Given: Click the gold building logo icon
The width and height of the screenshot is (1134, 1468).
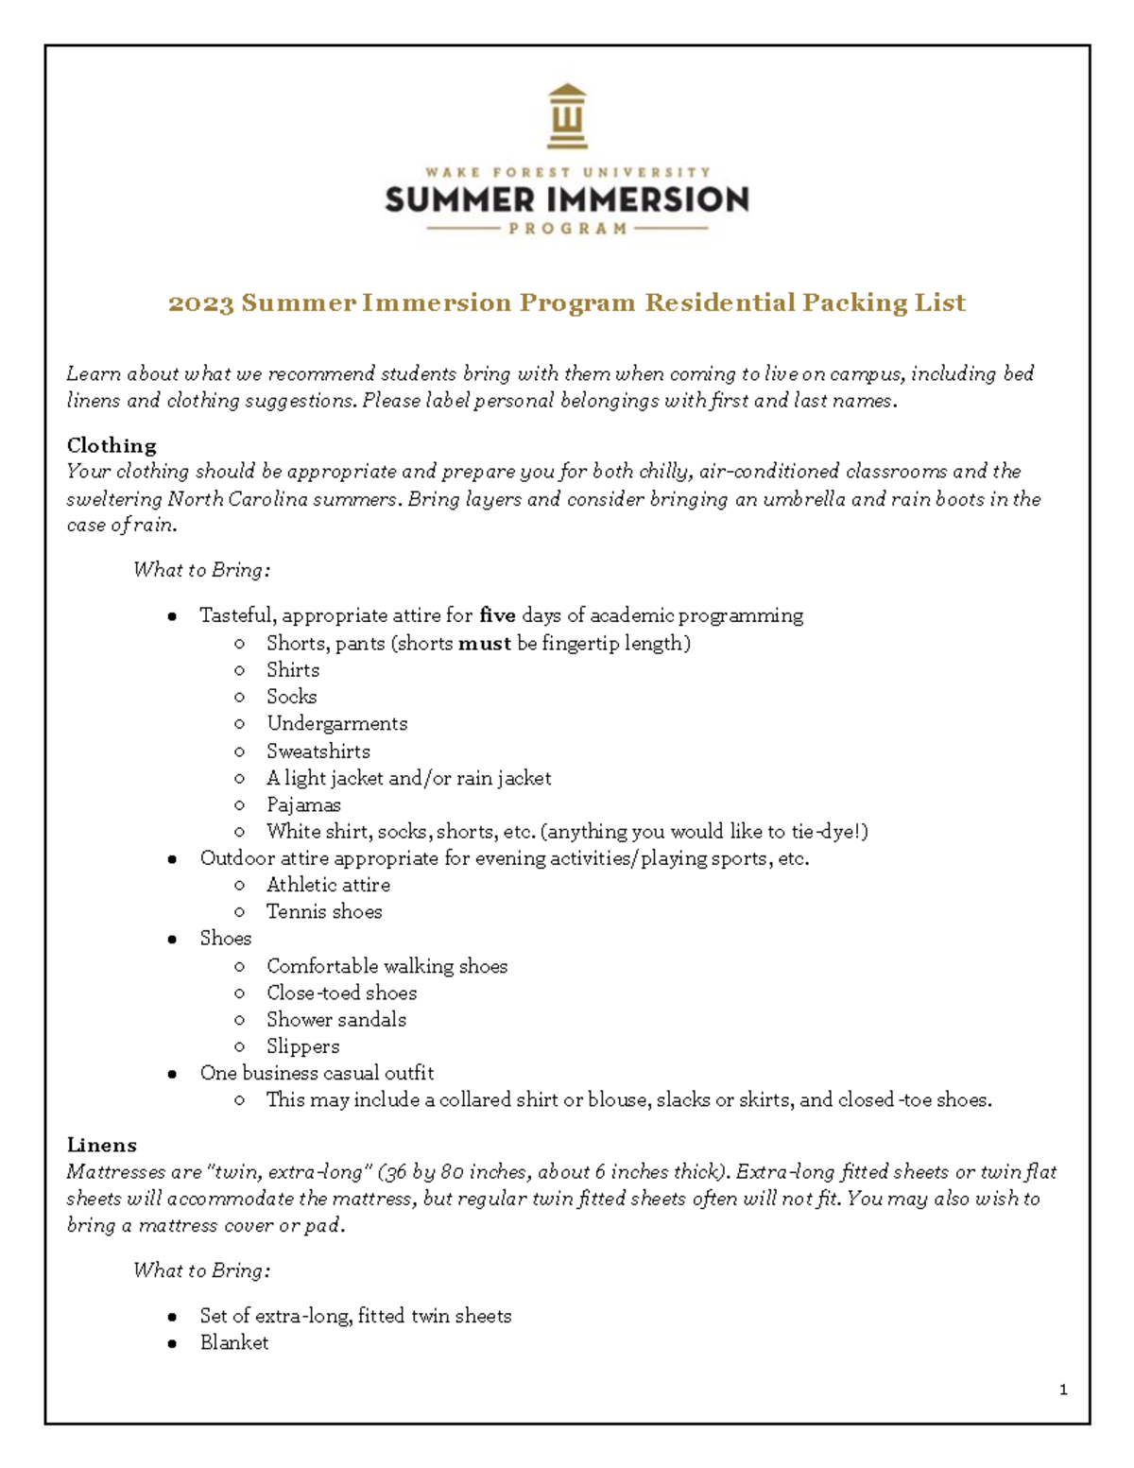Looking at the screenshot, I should pyautogui.click(x=567, y=116).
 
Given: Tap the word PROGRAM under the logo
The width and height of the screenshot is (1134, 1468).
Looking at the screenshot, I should pyautogui.click(x=567, y=229).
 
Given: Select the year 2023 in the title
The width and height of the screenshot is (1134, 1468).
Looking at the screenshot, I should pyautogui.click(x=200, y=303).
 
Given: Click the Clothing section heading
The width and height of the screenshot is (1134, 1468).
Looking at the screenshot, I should pyautogui.click(x=112, y=445).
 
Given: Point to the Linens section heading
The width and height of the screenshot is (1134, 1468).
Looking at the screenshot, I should pyautogui.click(x=101, y=1146).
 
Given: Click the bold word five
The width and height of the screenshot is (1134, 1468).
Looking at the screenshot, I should pyautogui.click(x=497, y=616).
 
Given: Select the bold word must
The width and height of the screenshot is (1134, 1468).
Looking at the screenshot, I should pyautogui.click(x=484, y=644).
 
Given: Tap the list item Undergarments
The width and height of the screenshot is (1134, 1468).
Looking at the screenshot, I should pyautogui.click(x=336, y=724).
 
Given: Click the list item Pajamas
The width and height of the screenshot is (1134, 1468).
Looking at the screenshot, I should pyautogui.click(x=303, y=805).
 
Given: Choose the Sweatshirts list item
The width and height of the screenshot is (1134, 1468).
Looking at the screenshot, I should pyautogui.click(x=318, y=751).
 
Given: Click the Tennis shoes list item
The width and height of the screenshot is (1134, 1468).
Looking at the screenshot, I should pyautogui.click(x=324, y=912).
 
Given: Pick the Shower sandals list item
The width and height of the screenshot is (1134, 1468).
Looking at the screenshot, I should pyautogui.click(x=335, y=1020).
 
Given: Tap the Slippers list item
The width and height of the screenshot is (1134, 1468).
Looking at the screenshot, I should pyautogui.click(x=302, y=1046).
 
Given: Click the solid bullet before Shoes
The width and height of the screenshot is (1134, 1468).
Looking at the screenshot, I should pyautogui.click(x=172, y=940).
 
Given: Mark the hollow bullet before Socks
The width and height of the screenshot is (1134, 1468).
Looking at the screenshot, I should pyautogui.click(x=239, y=698).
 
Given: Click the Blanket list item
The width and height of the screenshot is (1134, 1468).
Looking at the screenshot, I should pyautogui.click(x=233, y=1343).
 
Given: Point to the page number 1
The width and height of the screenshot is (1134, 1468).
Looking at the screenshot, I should pyautogui.click(x=1063, y=1390).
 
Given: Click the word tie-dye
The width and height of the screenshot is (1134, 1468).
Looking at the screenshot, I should pyautogui.click(x=821, y=832).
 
